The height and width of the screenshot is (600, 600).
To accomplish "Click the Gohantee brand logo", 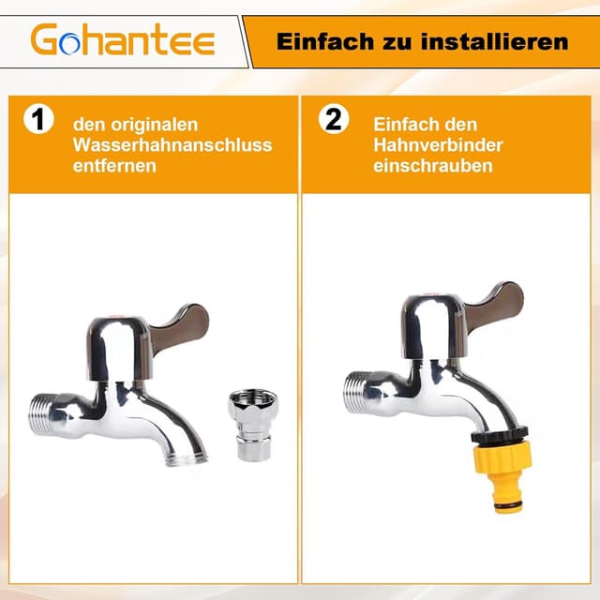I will (123, 40).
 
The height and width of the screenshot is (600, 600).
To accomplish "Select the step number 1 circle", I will (37, 121).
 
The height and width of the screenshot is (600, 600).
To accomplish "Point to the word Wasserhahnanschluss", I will (175, 144).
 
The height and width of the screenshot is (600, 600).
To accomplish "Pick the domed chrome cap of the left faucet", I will (117, 338).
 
